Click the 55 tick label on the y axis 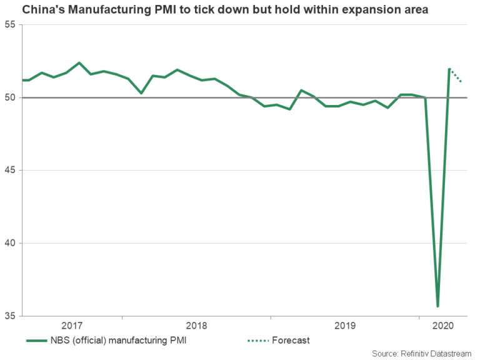click(10, 25)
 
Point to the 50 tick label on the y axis click(10, 97)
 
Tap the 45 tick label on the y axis click(10, 171)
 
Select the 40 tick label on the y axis click(10, 243)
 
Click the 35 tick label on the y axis click(10, 316)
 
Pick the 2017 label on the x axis click(72, 326)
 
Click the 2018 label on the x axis click(196, 326)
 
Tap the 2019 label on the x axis click(345, 326)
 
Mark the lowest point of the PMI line click(437, 306)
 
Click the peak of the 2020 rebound click(449, 69)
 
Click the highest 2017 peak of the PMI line click(79, 62)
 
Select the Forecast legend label click(291, 340)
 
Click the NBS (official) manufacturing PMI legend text click(123, 340)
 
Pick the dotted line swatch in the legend click(257, 340)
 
